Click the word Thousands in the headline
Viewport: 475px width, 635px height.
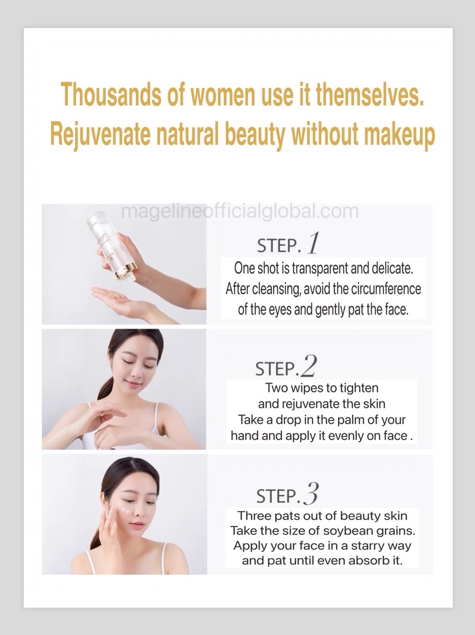111,94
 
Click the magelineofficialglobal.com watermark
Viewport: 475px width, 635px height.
240,212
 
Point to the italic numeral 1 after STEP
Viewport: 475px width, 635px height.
313,243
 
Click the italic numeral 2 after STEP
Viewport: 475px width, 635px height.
308,366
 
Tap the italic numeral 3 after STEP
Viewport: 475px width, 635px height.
310,493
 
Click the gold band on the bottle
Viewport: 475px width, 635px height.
126,270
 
